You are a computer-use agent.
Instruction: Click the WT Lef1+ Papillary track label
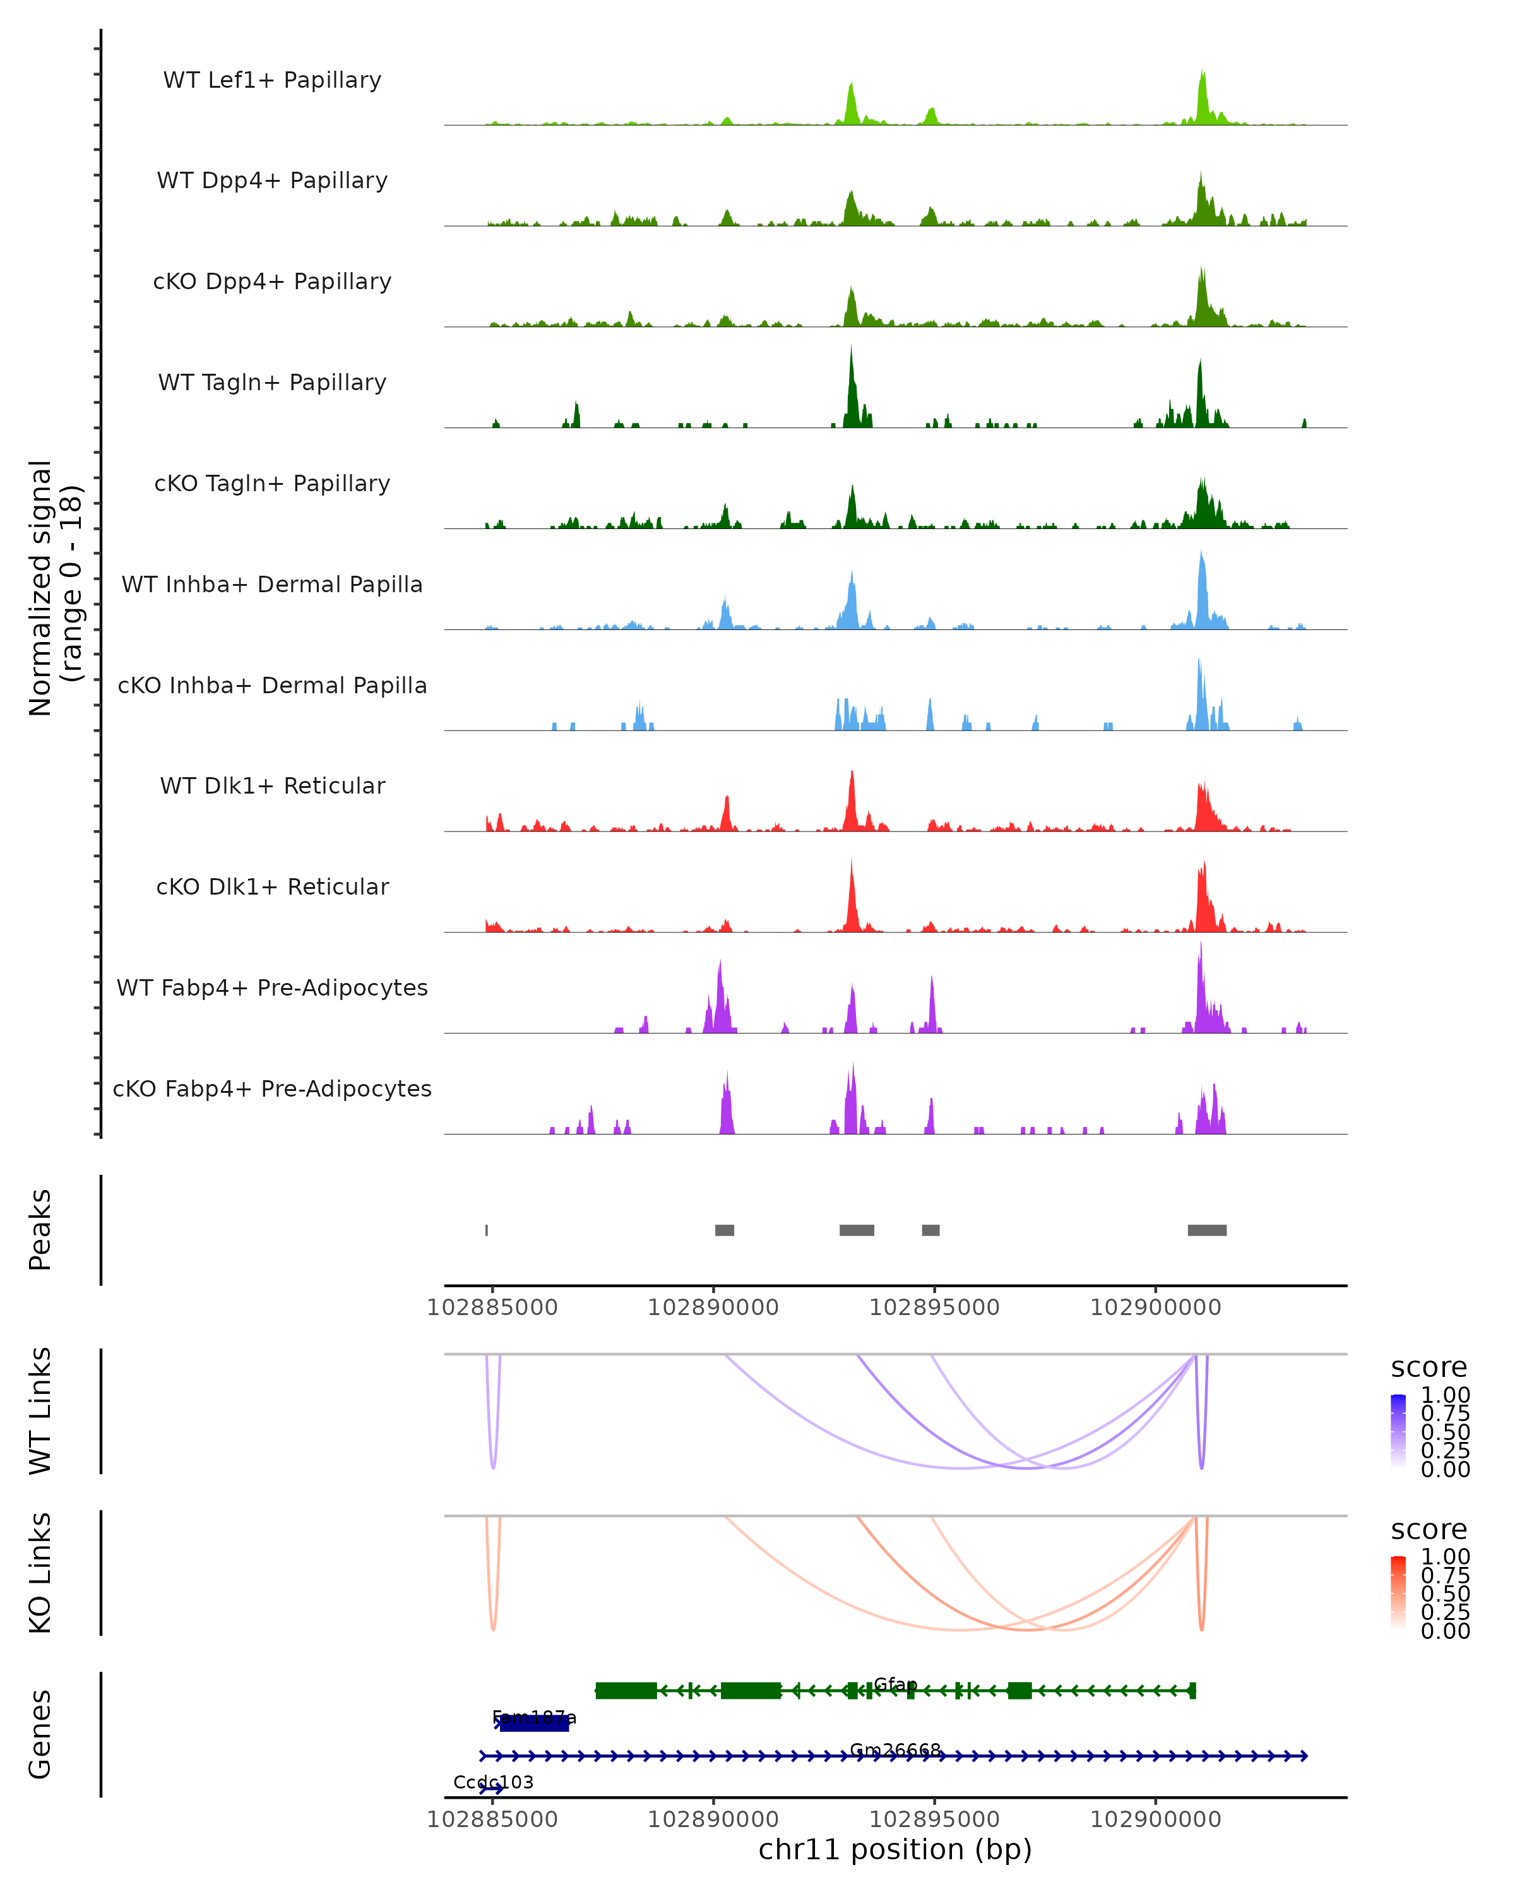(x=272, y=80)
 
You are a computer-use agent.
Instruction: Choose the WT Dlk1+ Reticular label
(x=272, y=785)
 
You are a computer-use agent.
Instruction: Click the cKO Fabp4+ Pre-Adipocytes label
(x=272, y=1088)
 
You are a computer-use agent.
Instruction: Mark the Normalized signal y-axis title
(x=54, y=588)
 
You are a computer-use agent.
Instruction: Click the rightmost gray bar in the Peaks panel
(x=1207, y=1230)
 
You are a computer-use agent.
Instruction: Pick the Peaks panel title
(x=40, y=1230)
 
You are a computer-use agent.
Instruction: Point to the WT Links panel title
(x=40, y=1411)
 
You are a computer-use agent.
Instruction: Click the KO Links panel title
(x=40, y=1573)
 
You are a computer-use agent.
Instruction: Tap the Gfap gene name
(x=895, y=1684)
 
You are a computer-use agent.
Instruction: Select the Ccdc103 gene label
(x=493, y=1782)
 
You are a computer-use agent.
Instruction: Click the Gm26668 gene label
(x=895, y=1750)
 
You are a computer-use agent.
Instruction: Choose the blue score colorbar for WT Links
(x=1398, y=1431)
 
